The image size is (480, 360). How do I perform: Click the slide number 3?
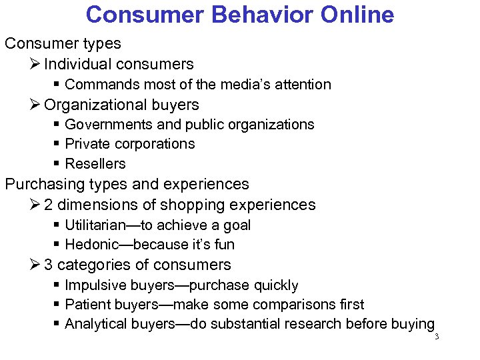coord(437,337)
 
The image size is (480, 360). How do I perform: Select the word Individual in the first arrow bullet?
coord(78,64)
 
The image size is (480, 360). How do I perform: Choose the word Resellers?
coord(95,163)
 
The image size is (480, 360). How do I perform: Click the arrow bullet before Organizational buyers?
coord(36,105)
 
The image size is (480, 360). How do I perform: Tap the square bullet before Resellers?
coord(57,164)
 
